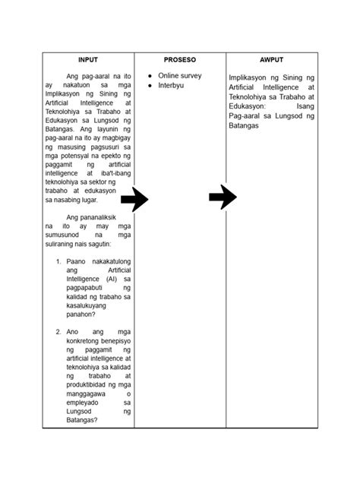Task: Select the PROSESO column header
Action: pos(180,59)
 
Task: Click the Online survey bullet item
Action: pos(180,76)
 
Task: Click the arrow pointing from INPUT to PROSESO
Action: pos(134,200)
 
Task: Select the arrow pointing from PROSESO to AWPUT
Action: pos(223,197)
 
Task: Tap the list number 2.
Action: pos(58,332)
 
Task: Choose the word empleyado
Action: pos(84,403)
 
